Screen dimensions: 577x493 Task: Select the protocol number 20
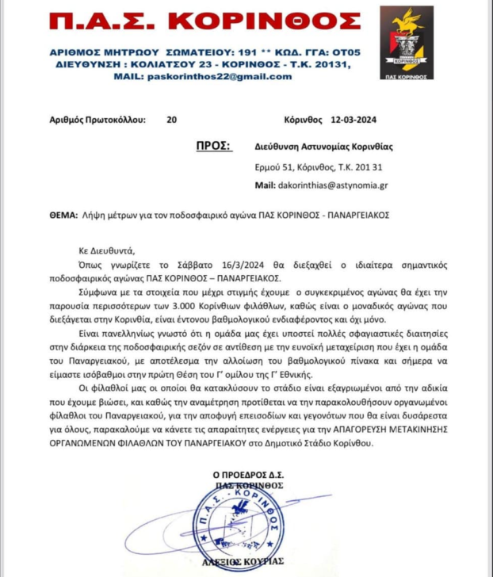[x=172, y=120]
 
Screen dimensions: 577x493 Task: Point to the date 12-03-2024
[x=354, y=120]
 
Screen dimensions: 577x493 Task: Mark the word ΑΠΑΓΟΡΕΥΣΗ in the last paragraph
[x=354, y=430]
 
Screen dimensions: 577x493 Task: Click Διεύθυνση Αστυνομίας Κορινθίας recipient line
[x=323, y=147]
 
